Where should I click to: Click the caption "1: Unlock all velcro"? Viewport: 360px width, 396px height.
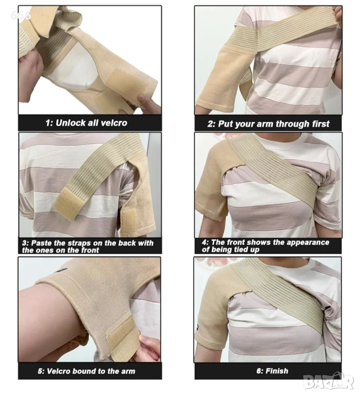pyautogui.click(x=87, y=123)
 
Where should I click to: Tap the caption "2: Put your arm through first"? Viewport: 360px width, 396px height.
pyautogui.click(x=268, y=124)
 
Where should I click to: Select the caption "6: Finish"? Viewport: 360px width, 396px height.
pyautogui.click(x=272, y=371)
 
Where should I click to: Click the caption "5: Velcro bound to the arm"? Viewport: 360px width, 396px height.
pyautogui.click(x=87, y=371)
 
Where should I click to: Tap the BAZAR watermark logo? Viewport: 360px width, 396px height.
pyautogui.click(x=329, y=382)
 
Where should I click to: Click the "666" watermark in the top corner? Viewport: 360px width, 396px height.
pyautogui.click(x=21, y=15)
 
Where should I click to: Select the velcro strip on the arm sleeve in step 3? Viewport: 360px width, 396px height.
pyautogui.click(x=129, y=221)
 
